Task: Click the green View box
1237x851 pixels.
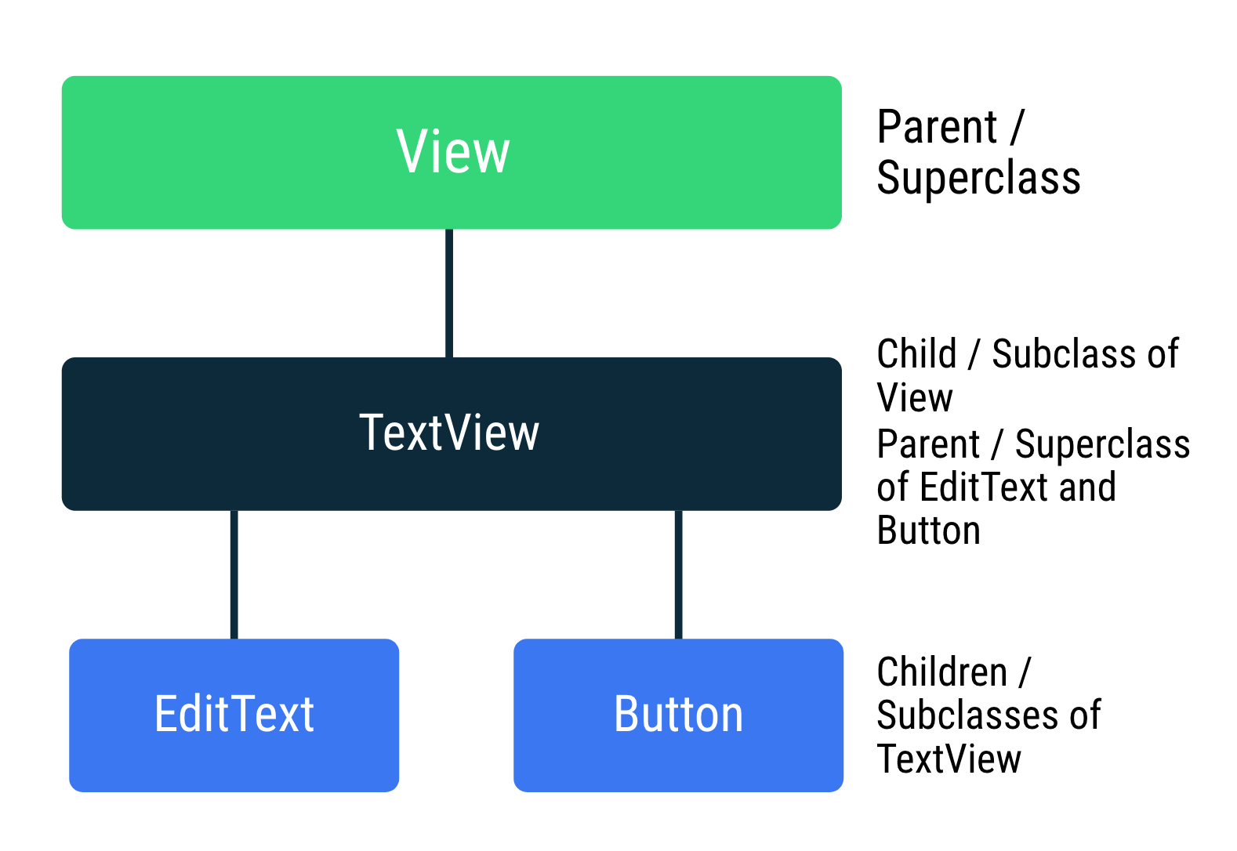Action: click(235, 153)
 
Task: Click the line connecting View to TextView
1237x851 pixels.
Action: click(449, 293)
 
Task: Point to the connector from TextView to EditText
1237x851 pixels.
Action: click(234, 574)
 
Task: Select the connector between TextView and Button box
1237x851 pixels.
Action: click(678, 574)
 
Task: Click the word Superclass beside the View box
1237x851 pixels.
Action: click(978, 178)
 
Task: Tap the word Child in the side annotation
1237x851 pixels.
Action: click(916, 353)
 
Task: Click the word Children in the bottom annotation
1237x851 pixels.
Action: click(941, 672)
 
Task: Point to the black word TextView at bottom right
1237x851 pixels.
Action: click(949, 759)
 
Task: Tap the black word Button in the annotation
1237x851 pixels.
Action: click(928, 531)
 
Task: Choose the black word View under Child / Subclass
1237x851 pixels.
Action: click(915, 397)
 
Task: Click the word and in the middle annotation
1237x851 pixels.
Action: click(1087, 487)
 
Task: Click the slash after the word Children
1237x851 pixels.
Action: click(1025, 672)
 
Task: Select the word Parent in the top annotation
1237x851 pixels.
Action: click(937, 127)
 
